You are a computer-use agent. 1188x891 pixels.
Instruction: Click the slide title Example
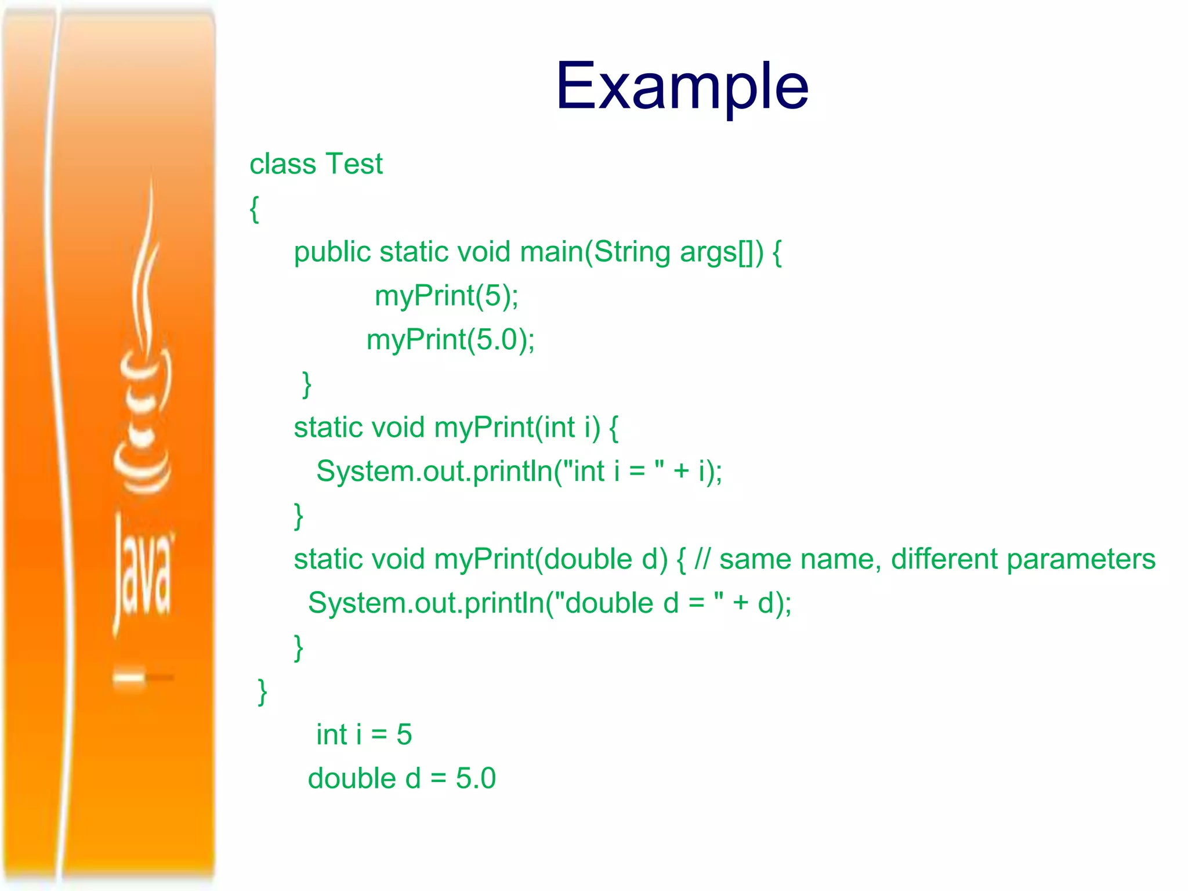682,87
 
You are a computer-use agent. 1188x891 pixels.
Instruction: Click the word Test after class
353,164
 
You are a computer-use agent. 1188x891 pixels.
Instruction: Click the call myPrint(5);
446,296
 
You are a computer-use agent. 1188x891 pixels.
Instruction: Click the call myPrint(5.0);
450,340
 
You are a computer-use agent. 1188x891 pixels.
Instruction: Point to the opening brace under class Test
254,209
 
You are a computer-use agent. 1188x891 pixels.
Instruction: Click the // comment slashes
702,560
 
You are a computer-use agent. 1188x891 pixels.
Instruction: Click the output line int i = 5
364,735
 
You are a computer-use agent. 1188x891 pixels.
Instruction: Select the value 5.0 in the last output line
476,778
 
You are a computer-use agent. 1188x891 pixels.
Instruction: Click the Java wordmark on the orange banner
143,574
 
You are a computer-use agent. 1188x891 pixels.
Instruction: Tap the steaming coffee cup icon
143,377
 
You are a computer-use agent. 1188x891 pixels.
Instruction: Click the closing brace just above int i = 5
262,691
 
